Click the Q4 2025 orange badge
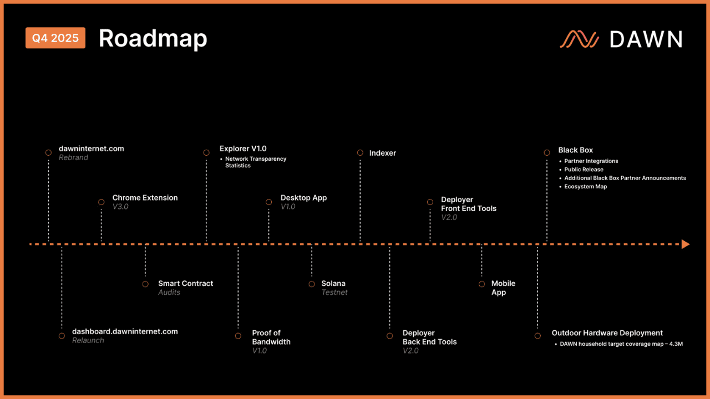(55, 38)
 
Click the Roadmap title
(153, 38)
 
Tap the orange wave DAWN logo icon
(579, 39)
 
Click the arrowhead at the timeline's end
(686, 244)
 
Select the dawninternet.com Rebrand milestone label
(91, 152)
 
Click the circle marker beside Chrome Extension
(101, 202)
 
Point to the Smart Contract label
(185, 284)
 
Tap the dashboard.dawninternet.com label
(125, 331)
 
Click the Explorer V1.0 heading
(243, 149)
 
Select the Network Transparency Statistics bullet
(256, 162)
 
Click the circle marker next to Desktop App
(269, 202)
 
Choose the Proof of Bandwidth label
(271, 337)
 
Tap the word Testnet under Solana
(334, 293)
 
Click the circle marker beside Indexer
(360, 152)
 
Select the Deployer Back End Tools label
(429, 337)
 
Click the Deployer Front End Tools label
(468, 204)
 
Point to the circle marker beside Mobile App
(481, 284)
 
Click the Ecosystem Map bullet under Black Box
(585, 187)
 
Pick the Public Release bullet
(584, 170)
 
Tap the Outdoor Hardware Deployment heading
(607, 333)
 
